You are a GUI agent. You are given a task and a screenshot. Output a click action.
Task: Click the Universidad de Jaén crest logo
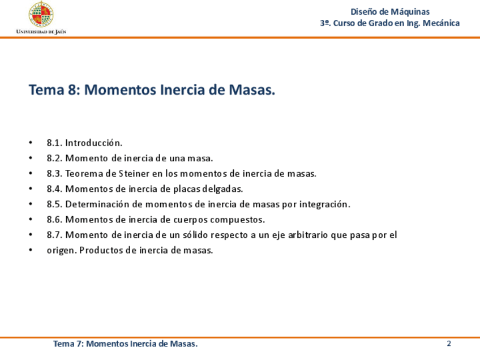[41, 14]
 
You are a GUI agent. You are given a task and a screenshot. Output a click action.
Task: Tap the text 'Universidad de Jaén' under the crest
[41, 32]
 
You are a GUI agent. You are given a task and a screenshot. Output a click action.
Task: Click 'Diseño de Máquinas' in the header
[390, 12]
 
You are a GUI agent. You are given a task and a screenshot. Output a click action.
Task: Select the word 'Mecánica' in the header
[441, 23]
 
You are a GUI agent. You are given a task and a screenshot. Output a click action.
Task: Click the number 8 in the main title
[71, 90]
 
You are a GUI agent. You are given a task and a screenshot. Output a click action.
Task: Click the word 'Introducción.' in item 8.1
[93, 143]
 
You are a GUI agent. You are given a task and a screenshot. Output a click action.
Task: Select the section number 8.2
[54, 158]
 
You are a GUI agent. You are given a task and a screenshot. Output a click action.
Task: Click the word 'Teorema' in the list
[84, 174]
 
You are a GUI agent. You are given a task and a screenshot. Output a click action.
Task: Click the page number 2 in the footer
[449, 344]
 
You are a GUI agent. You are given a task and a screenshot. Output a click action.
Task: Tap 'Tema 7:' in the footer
[68, 344]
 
